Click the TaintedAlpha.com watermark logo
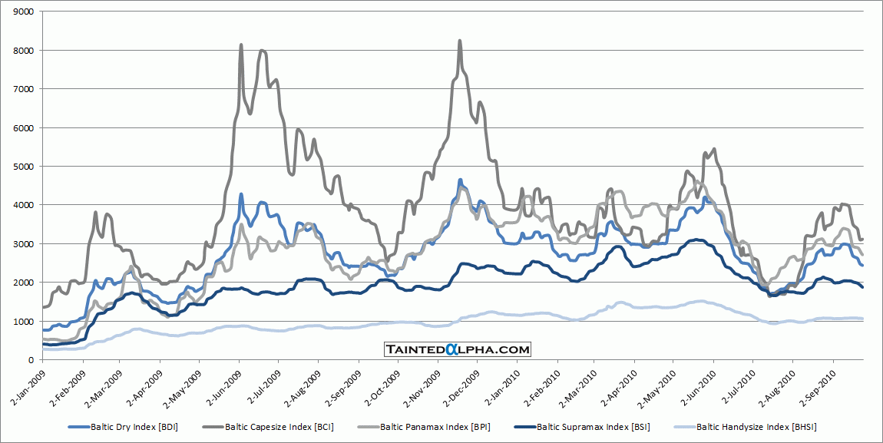[457, 349]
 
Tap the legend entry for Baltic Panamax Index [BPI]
[435, 426]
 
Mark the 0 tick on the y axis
[32, 360]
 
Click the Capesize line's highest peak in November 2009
[459, 41]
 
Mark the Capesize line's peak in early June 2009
[242, 45]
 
